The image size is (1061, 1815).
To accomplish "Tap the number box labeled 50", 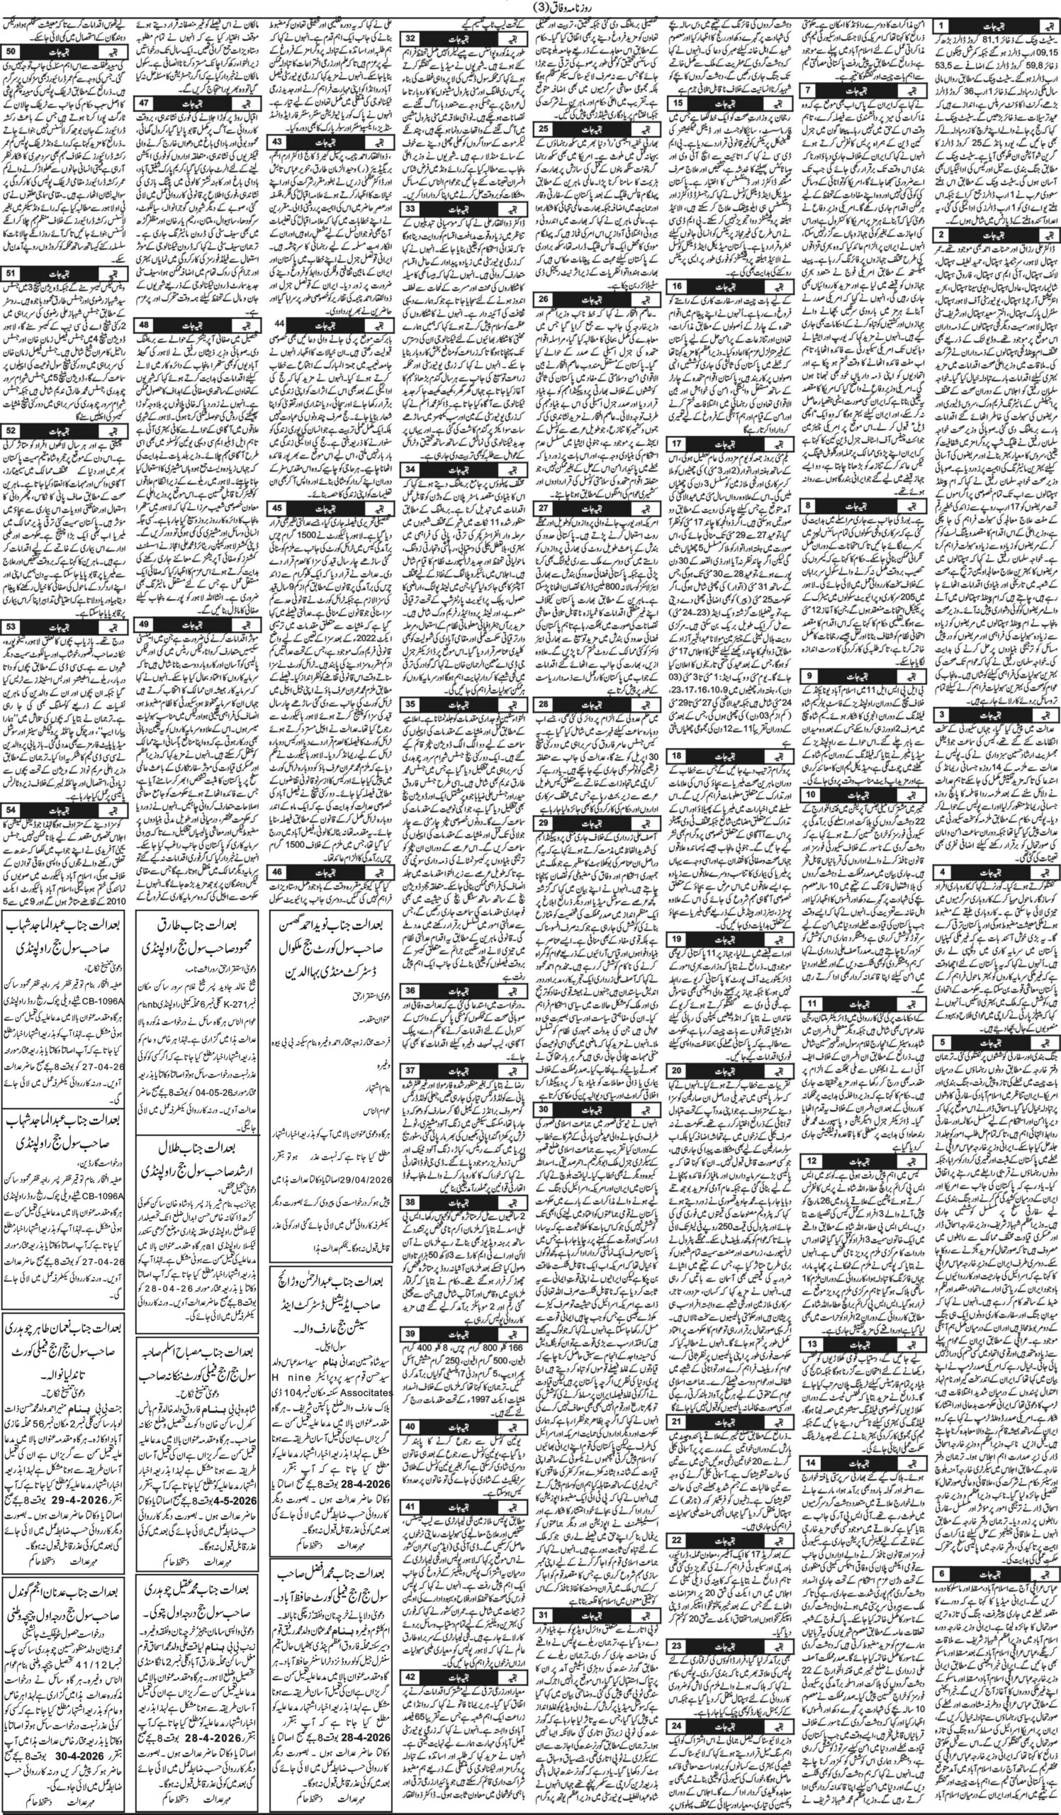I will coord(11,53).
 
